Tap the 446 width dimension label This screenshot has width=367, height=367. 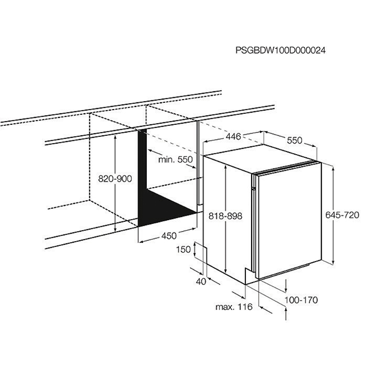coord(233,137)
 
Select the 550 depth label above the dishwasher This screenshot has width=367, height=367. coord(295,141)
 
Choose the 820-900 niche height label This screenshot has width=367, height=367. coord(115,179)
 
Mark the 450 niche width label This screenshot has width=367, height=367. coord(168,236)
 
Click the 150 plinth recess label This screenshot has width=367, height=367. coord(182,250)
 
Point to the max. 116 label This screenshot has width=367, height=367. coord(234,306)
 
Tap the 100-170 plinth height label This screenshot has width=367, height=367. coord(301,300)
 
